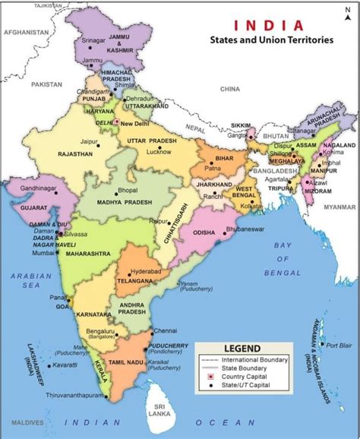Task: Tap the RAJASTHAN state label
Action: tap(74, 153)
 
